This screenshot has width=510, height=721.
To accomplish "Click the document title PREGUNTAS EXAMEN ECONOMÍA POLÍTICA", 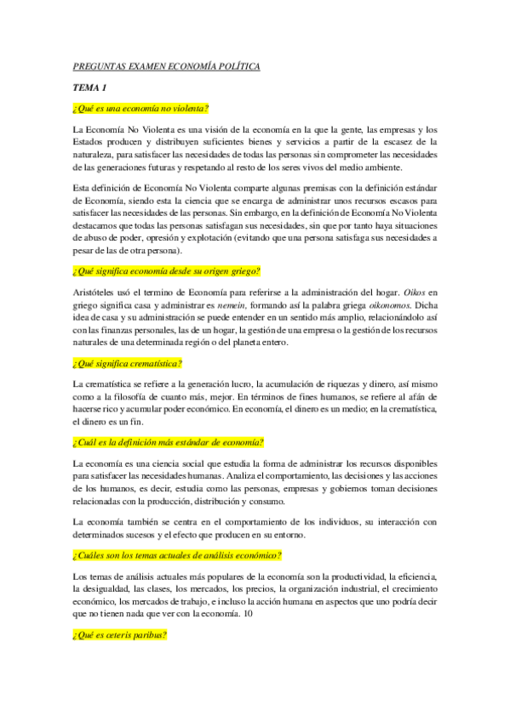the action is (x=166, y=66).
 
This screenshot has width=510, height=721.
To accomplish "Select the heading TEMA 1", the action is (x=89, y=88).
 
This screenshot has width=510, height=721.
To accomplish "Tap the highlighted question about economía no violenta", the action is (x=141, y=108).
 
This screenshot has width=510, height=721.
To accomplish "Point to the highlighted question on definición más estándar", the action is (x=169, y=443).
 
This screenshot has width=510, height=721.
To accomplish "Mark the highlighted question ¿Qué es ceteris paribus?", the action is (x=120, y=635).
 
